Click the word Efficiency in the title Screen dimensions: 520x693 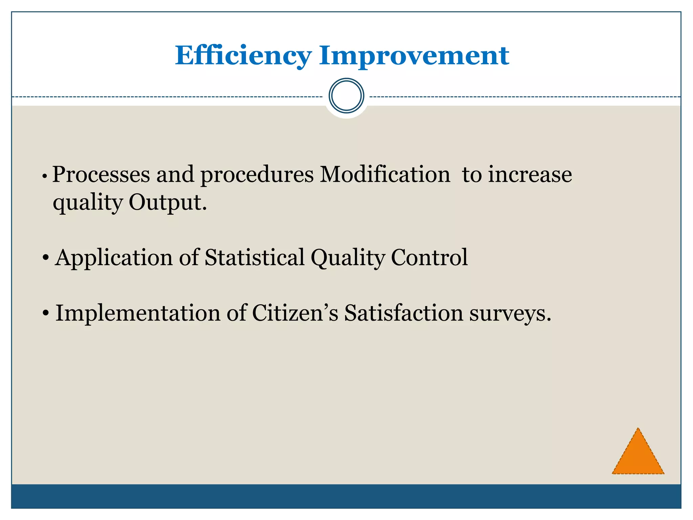[x=243, y=56]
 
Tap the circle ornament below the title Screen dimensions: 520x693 [x=346, y=95]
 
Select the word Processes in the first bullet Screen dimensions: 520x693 [x=101, y=175]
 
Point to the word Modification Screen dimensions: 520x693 [x=385, y=175]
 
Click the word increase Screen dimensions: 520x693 [x=530, y=175]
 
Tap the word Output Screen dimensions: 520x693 [x=167, y=202]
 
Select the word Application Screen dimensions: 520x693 [x=114, y=258]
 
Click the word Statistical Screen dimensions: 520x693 [x=254, y=258]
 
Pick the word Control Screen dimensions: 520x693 [x=429, y=258]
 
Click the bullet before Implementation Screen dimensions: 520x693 [x=46, y=314]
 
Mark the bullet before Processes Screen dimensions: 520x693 [x=44, y=176]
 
